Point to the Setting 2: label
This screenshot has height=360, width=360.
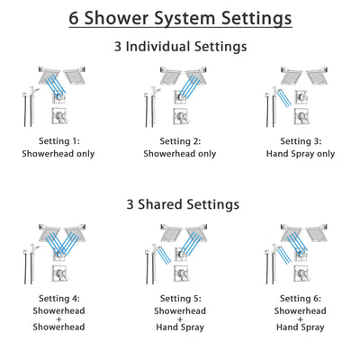(x=179, y=141)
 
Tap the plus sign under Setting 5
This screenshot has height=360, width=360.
(x=179, y=319)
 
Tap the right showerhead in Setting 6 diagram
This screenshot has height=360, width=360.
(x=317, y=231)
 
